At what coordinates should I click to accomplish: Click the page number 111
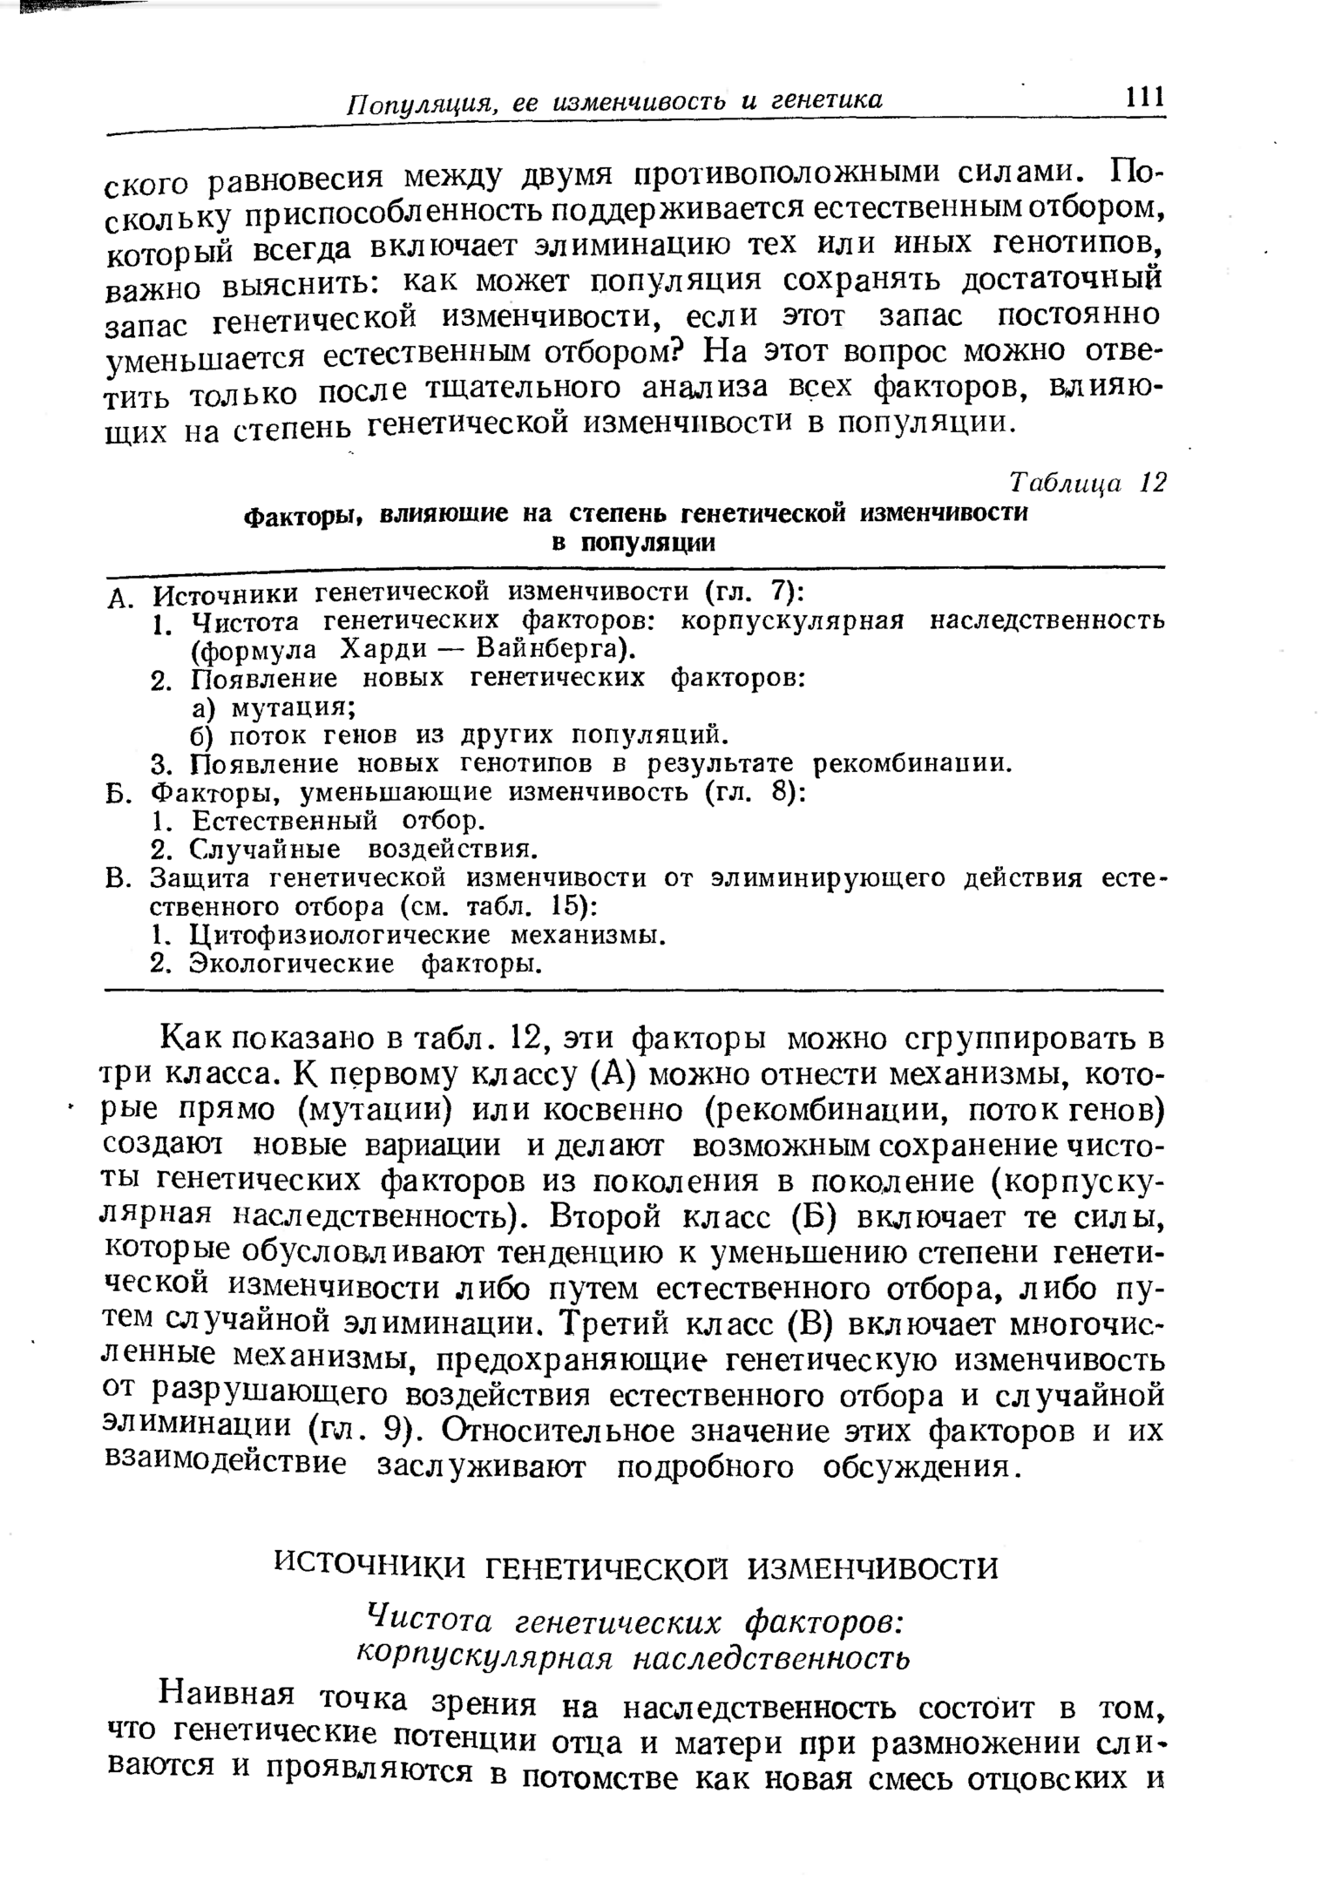1144,96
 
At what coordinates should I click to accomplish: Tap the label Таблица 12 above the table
1086,483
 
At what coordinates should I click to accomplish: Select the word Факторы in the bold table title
302,517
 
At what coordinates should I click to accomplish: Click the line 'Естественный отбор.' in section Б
338,821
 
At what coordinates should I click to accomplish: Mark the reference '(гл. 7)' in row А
752,592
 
